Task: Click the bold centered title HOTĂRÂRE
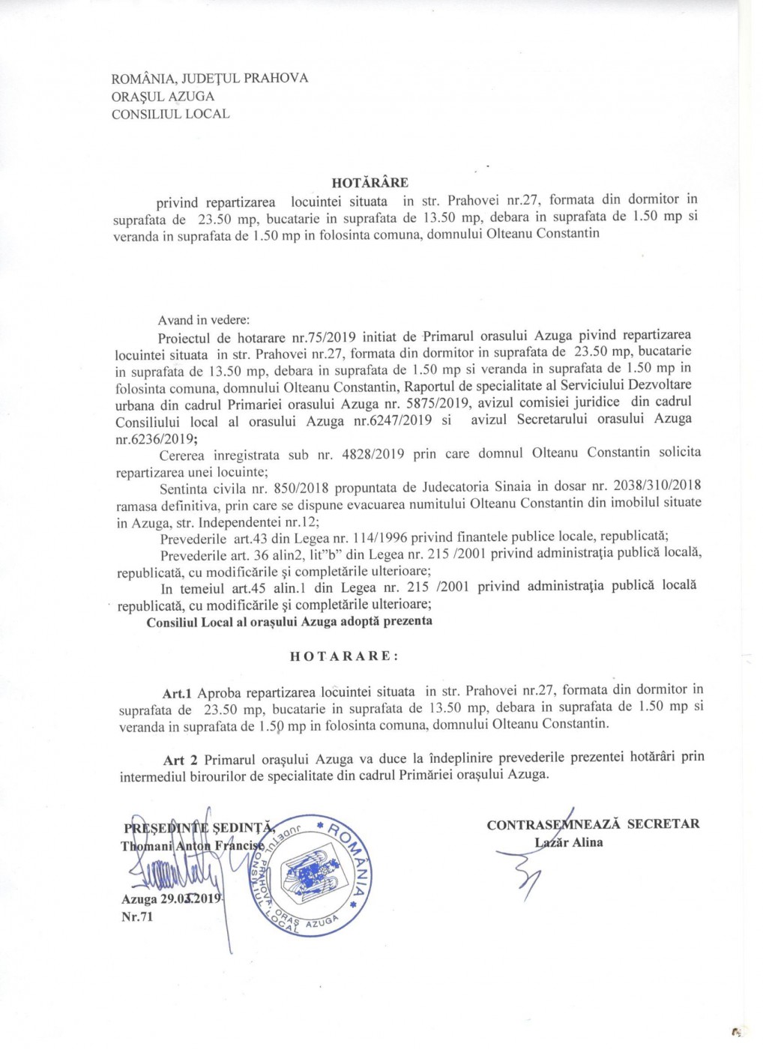click(370, 182)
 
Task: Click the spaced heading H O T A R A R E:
click(344, 655)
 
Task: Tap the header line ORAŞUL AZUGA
click(163, 97)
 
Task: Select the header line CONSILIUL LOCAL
click(170, 115)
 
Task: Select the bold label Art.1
click(178, 691)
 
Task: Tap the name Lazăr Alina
click(568, 842)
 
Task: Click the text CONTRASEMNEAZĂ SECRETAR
click(593, 824)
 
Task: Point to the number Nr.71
click(137, 917)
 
